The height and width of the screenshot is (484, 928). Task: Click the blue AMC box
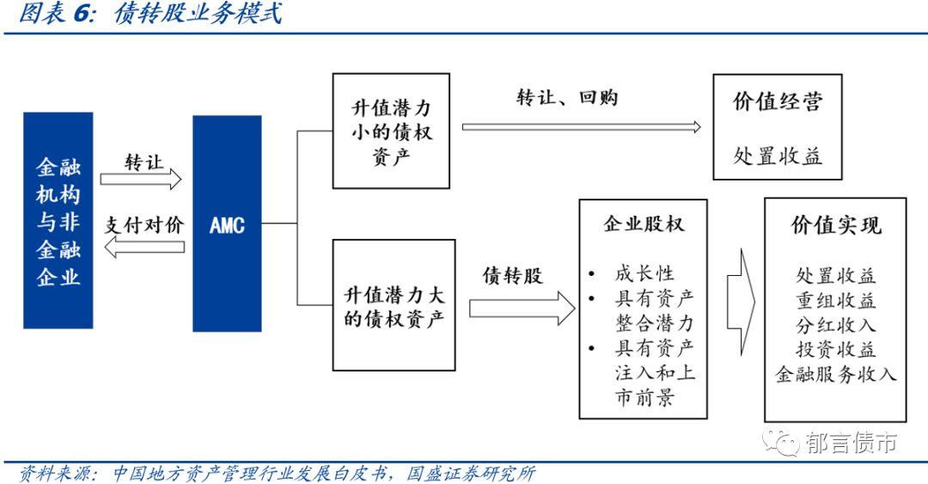click(x=227, y=224)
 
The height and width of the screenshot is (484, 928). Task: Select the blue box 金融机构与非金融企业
click(x=58, y=221)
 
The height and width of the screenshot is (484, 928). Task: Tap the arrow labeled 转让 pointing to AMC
click(x=142, y=180)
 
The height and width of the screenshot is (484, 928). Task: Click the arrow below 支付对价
click(x=142, y=248)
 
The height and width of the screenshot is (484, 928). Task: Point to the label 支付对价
click(x=144, y=226)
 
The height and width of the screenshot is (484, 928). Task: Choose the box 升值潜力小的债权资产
click(x=391, y=132)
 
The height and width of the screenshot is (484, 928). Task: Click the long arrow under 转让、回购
click(x=581, y=126)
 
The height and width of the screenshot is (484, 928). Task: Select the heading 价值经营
click(x=777, y=102)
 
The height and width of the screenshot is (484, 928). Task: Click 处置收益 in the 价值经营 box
click(x=777, y=156)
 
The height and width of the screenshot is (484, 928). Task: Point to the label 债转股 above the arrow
click(x=512, y=274)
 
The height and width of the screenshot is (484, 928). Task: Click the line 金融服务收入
click(x=835, y=374)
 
